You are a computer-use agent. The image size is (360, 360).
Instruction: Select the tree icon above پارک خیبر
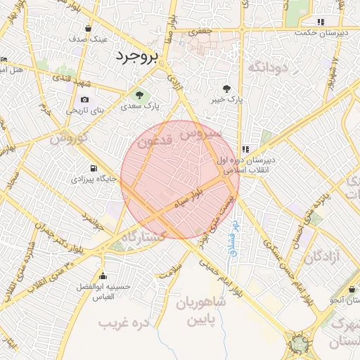point(226,89)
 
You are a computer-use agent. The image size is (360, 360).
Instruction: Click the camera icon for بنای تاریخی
point(85,100)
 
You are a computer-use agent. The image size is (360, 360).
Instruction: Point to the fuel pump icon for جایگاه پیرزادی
point(93,169)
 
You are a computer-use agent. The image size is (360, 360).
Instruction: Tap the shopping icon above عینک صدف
point(88,29)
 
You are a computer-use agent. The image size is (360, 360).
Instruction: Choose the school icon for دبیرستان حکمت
point(321,22)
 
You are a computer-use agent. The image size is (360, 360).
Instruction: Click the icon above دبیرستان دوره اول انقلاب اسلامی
point(245,149)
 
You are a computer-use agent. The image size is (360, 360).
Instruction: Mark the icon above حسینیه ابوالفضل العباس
point(103,276)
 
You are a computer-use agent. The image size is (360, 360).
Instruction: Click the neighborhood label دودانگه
point(266,67)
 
